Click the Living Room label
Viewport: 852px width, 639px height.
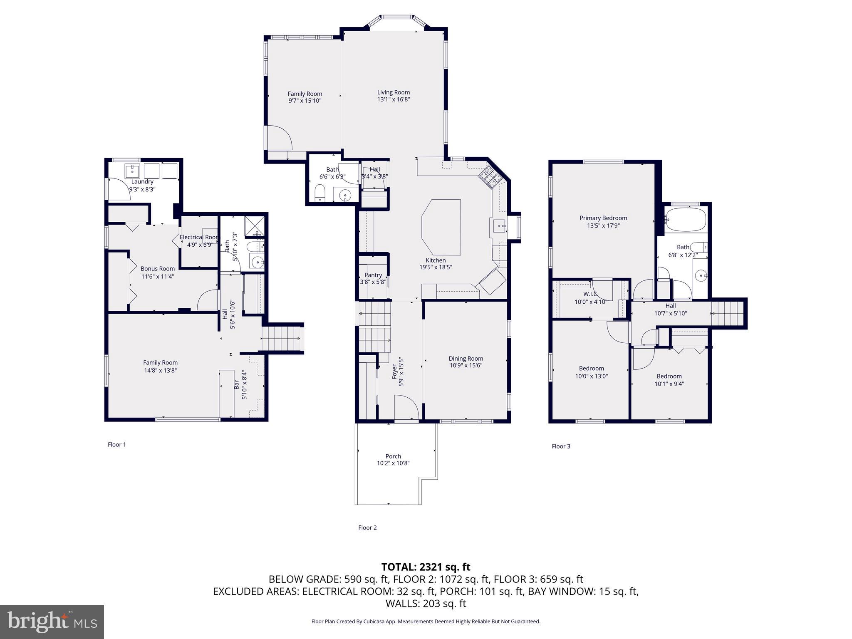(393, 92)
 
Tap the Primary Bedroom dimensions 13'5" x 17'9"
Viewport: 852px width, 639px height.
(603, 225)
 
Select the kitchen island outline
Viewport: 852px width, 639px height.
(441, 227)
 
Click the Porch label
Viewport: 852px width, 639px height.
(393, 456)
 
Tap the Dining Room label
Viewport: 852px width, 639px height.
(466, 358)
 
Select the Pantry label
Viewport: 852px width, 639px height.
(373, 275)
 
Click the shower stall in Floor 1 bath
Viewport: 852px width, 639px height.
(254, 226)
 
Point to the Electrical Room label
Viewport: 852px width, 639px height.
(199, 237)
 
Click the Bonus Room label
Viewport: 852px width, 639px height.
(157, 268)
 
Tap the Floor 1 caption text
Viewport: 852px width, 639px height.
(117, 444)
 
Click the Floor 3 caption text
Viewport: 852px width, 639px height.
(561, 446)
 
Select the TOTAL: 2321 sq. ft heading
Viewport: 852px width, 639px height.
(426, 567)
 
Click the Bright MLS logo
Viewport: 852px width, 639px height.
(52, 622)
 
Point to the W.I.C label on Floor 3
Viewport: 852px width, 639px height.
(590, 294)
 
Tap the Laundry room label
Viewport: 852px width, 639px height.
(142, 181)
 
